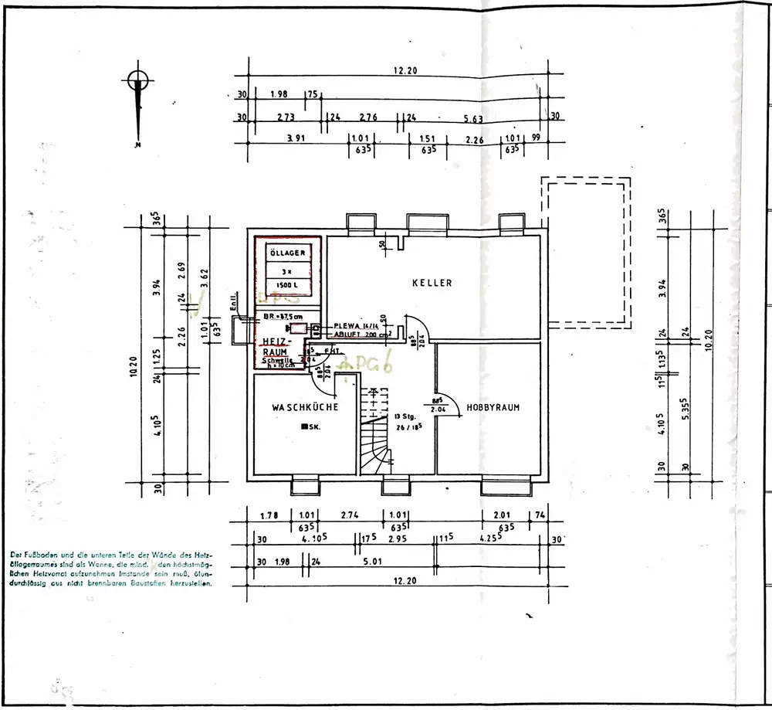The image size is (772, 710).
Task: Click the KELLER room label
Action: click(x=432, y=283)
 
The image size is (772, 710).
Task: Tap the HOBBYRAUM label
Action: click(x=493, y=406)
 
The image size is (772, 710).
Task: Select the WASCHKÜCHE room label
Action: click(x=305, y=406)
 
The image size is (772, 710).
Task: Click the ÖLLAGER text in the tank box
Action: click(x=287, y=253)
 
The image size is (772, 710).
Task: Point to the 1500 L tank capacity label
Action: click(x=287, y=285)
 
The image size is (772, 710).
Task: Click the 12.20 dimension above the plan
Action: click(x=405, y=70)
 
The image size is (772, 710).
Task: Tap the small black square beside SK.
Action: click(x=305, y=427)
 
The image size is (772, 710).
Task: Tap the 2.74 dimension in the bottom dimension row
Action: click(x=350, y=515)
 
